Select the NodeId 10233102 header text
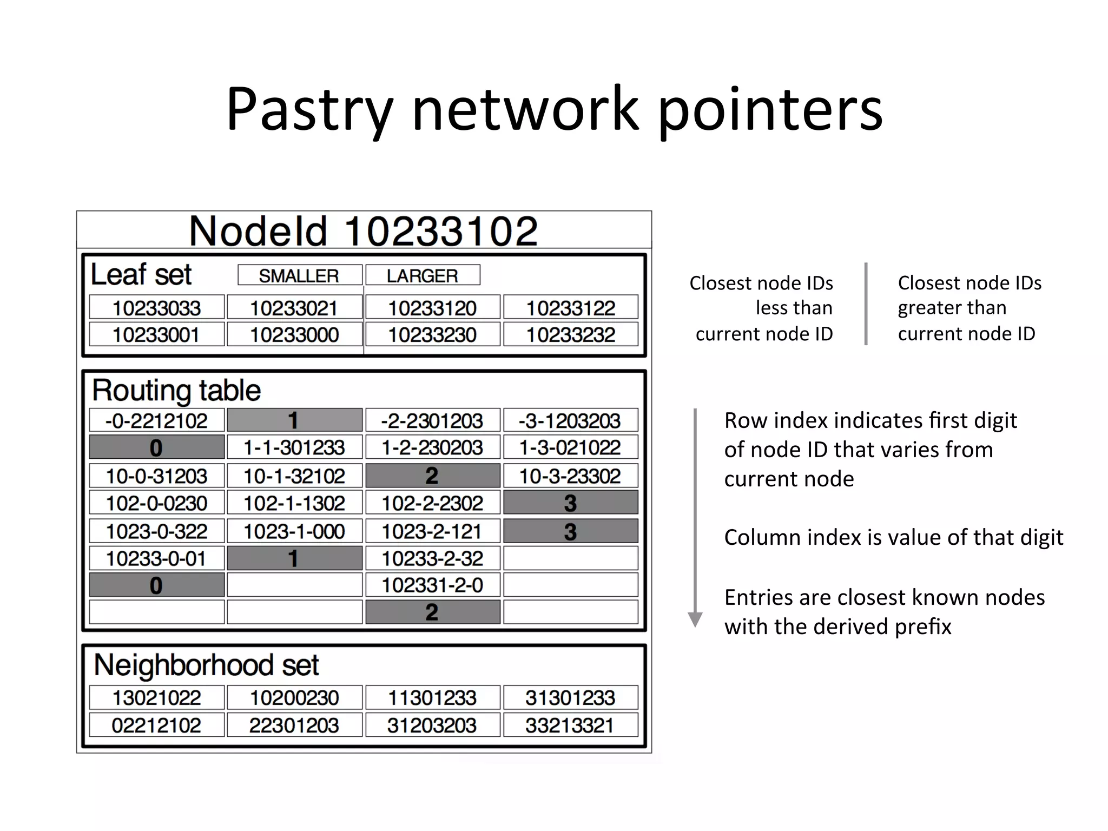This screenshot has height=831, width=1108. [x=364, y=231]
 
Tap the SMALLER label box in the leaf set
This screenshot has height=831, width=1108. [x=300, y=275]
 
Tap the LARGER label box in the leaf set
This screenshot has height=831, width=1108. [x=423, y=275]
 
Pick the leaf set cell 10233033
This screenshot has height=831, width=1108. [x=156, y=308]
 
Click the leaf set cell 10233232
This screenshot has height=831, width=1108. [x=571, y=335]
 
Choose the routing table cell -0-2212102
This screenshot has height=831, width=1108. [x=156, y=420]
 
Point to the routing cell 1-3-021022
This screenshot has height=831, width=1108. [x=571, y=447]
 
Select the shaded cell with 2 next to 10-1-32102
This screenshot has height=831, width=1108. [x=432, y=476]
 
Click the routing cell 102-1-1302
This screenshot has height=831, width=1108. [x=294, y=503]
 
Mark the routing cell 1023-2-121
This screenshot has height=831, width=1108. [x=432, y=531]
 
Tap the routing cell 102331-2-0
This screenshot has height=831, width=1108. [x=432, y=585]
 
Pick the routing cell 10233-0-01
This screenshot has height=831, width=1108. [x=156, y=558]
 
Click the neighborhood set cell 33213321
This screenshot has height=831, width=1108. [x=571, y=725]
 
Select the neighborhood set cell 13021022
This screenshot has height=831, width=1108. [x=156, y=697]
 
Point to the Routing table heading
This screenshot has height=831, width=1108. [x=176, y=390]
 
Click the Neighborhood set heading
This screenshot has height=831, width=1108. [x=206, y=665]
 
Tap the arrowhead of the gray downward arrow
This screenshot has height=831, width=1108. [x=695, y=619]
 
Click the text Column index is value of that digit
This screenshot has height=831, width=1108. [x=894, y=537]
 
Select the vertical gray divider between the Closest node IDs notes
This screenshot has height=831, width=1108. [x=866, y=304]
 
